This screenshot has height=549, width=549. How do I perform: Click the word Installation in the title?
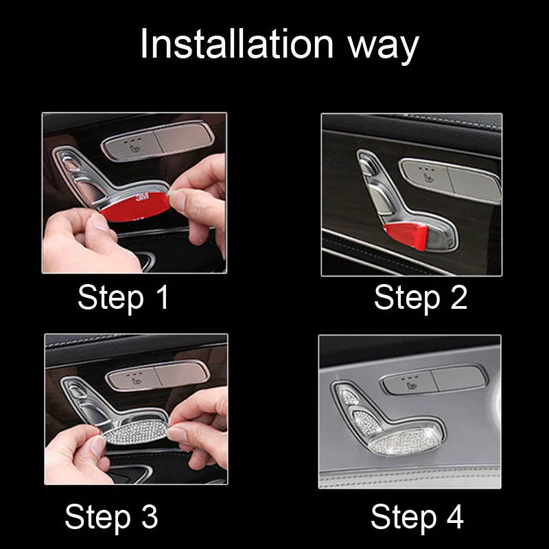[237, 44]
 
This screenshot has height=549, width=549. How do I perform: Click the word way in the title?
[384, 48]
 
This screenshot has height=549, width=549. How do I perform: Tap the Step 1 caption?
[124, 299]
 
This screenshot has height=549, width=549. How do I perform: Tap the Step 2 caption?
[421, 299]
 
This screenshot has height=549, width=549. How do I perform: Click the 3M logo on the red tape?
[142, 196]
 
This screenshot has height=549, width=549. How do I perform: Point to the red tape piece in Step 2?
[406, 236]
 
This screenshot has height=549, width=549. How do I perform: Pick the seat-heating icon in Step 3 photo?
[135, 378]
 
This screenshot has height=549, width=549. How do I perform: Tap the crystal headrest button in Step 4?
[349, 397]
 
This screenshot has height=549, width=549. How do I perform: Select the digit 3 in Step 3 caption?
[150, 517]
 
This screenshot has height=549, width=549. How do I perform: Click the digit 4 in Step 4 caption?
[455, 517]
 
